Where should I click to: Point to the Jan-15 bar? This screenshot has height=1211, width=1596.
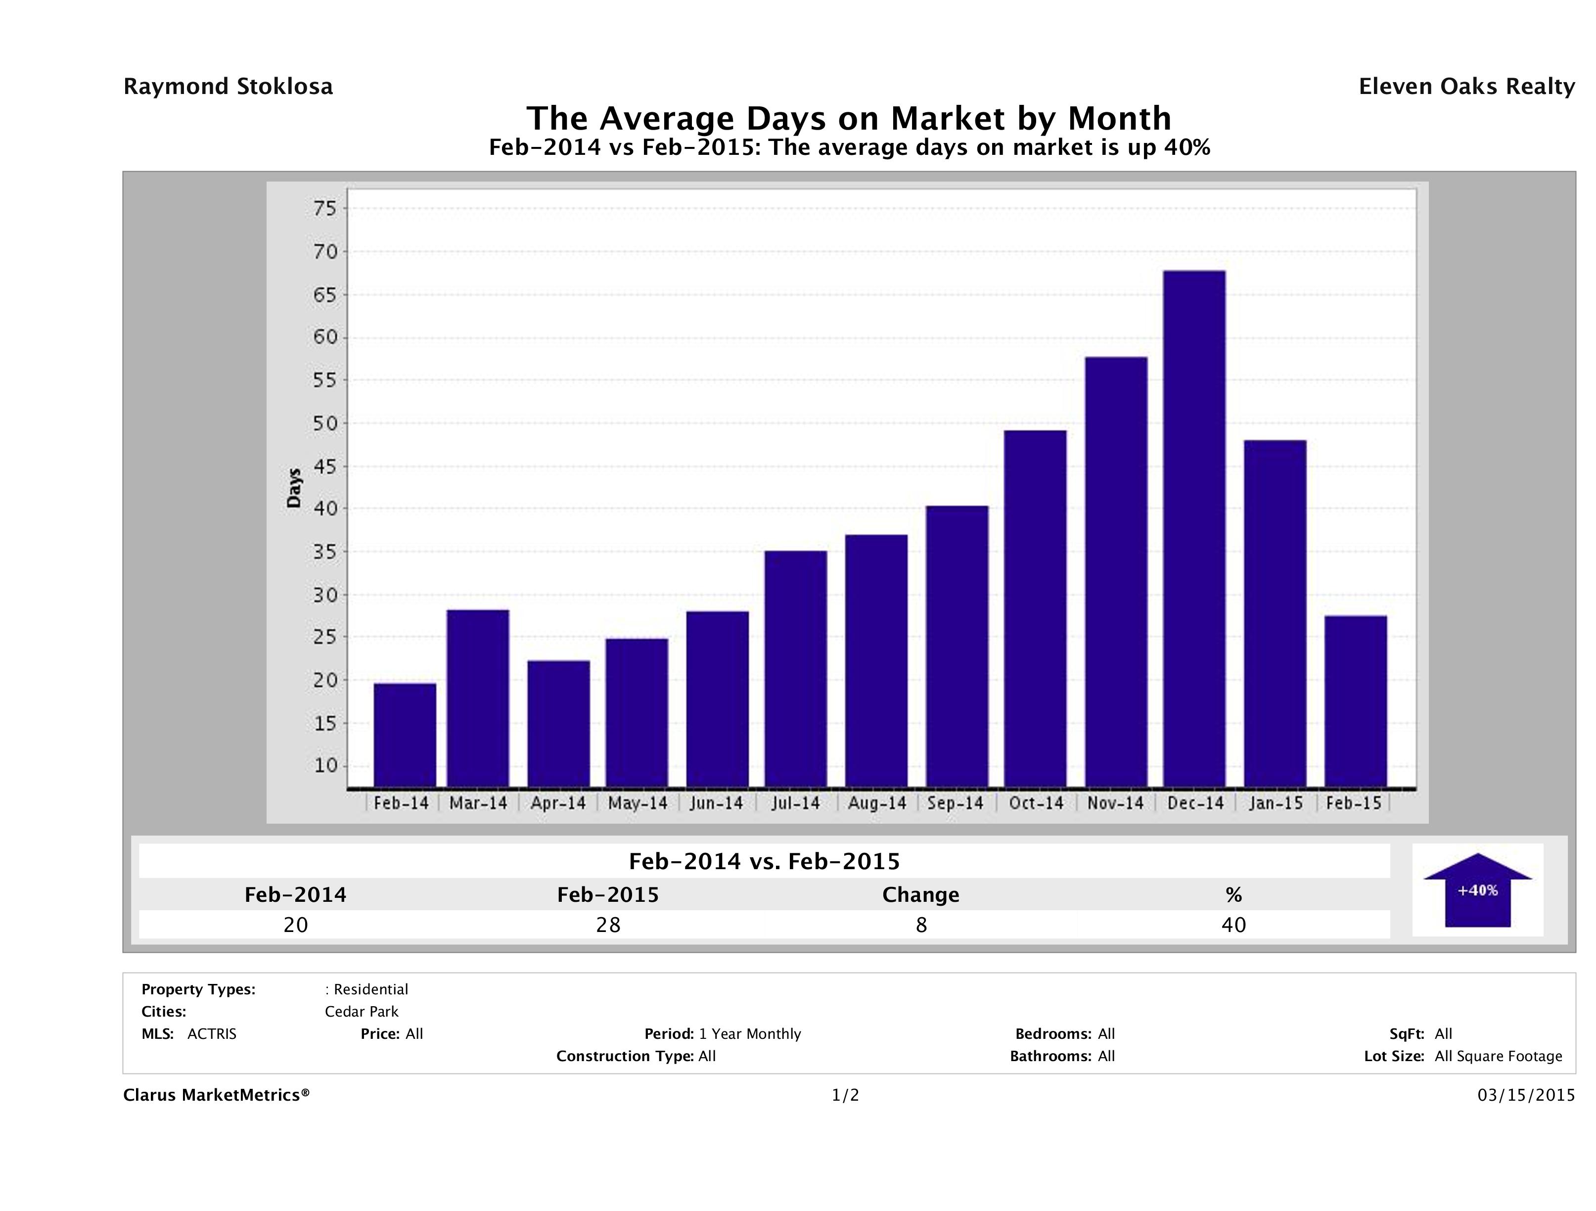(1275, 613)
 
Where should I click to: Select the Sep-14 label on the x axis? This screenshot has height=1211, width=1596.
(956, 803)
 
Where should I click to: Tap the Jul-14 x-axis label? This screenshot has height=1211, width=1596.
(795, 803)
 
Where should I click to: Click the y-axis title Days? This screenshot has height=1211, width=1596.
(294, 488)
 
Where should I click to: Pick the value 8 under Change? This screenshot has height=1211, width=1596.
(921, 925)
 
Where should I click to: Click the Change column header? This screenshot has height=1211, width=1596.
(921, 895)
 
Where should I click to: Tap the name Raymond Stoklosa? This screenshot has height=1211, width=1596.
(228, 87)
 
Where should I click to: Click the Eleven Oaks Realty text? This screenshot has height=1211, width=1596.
(1466, 87)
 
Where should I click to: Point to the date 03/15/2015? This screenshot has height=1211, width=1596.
(1526, 1095)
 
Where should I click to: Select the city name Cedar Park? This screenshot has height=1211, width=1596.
(362, 1011)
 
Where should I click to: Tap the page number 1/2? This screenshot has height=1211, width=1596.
(845, 1095)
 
